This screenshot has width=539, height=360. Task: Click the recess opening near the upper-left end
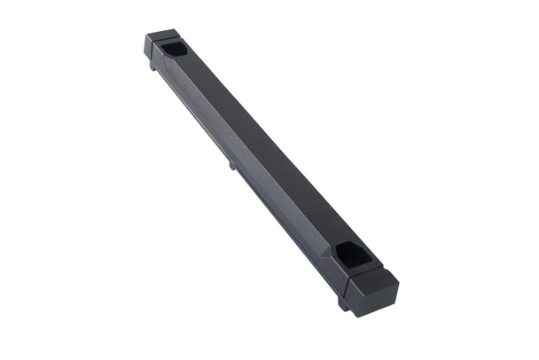pos(175,48)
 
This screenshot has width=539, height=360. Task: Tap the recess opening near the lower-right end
pos(354,256)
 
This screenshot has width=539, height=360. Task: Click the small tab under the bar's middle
pos(232,164)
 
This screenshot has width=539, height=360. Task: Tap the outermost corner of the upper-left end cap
pos(146,36)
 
